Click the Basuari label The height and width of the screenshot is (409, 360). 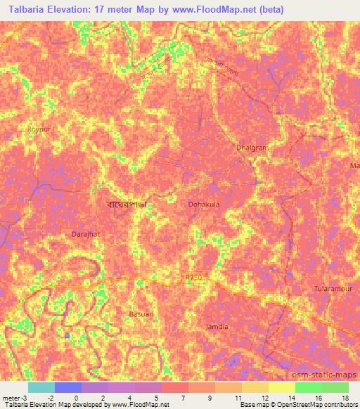click(141, 313)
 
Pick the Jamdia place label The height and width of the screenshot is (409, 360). click(217, 327)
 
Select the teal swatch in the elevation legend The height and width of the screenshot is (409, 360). click(41, 387)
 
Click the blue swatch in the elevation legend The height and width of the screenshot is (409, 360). click(68, 387)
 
